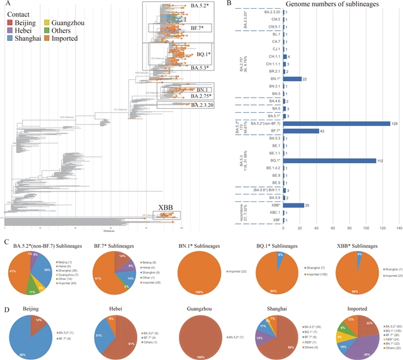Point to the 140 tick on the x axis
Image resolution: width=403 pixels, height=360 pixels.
click(x=399, y=228)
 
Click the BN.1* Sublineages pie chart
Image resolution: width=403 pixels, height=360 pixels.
click(x=193, y=274)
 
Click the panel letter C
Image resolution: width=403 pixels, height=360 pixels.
click(x=5, y=242)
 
